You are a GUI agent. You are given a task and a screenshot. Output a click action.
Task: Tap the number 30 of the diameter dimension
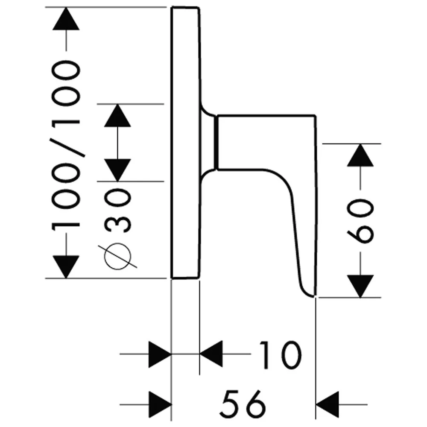(117, 211)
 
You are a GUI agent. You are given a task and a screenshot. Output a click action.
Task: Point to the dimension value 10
(280, 355)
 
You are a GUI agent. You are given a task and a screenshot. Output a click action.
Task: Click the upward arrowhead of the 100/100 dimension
(66, 19)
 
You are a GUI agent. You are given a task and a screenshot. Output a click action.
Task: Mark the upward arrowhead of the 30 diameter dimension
(117, 115)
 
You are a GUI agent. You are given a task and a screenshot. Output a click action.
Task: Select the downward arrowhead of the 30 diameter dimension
(117, 170)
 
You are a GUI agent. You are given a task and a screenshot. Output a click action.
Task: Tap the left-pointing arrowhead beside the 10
(211, 354)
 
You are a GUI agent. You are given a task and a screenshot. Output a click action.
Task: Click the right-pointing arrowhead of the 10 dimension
(160, 354)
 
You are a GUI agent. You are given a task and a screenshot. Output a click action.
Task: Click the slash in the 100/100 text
(66, 143)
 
